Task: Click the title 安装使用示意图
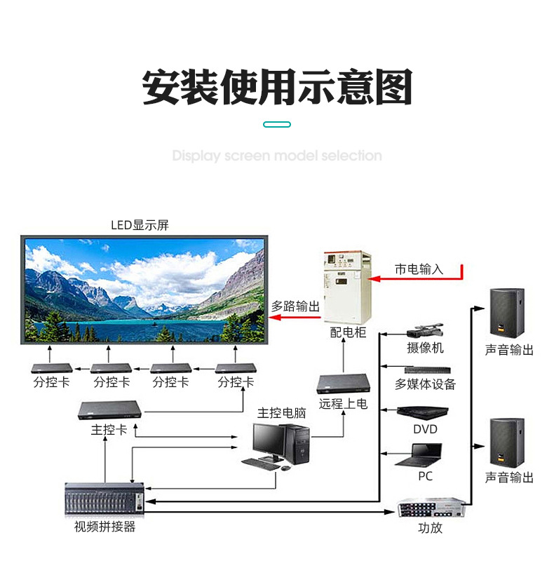point(277,88)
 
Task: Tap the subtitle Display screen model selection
point(277,156)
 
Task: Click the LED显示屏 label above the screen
point(140,226)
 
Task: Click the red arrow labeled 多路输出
point(295,318)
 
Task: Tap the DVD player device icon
point(424,412)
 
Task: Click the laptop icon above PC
point(423,457)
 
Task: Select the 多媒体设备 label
point(425,384)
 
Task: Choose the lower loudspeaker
point(506,442)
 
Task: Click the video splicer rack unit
point(105,499)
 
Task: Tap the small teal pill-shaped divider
point(277,124)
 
